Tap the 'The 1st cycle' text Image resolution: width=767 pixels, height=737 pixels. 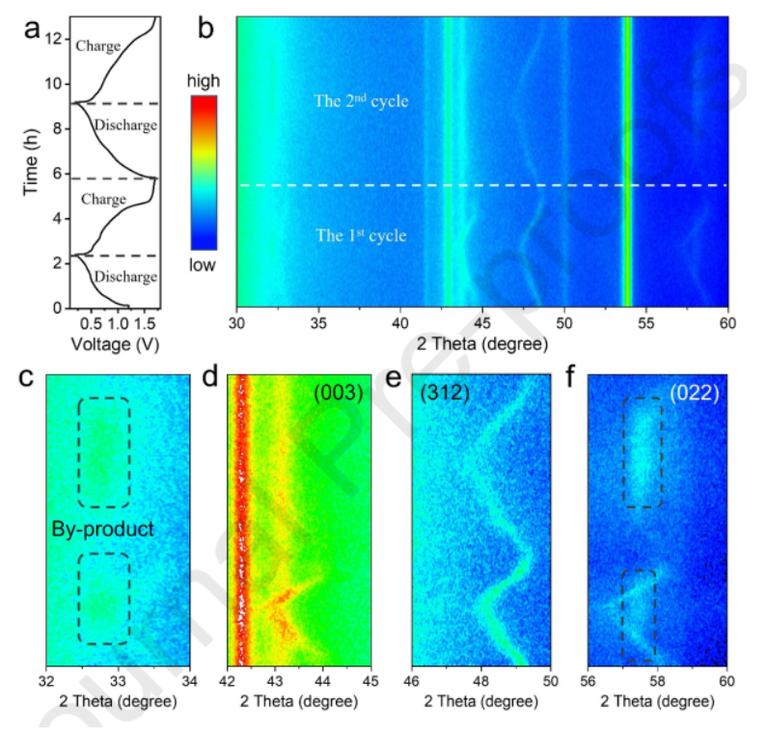361,235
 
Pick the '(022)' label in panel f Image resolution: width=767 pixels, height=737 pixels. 690,392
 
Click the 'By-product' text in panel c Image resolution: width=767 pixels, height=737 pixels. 102,529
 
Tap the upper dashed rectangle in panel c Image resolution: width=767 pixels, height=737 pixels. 103,451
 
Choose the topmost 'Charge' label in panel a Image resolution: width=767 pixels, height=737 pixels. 99,45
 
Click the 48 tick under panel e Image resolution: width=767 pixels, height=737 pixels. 481,678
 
